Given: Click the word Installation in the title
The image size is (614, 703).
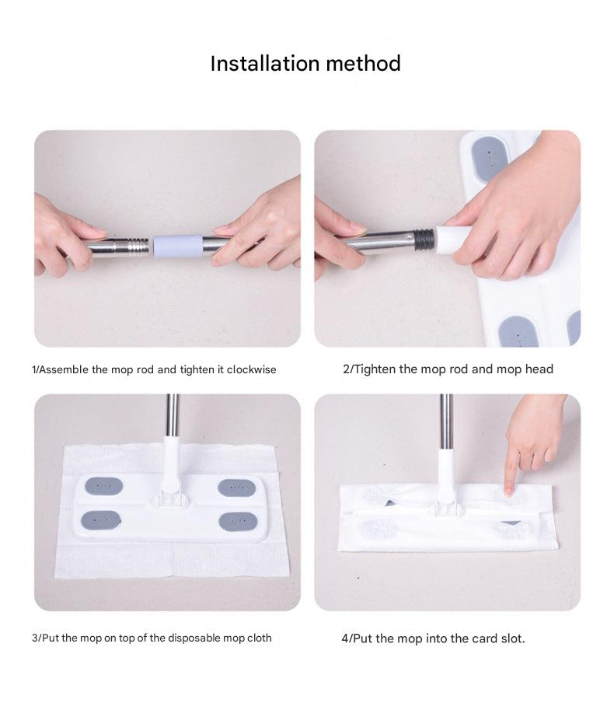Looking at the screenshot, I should click(x=263, y=63).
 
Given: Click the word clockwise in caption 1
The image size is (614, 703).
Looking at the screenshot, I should click(x=252, y=369).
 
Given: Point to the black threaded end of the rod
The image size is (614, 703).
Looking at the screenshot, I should click(x=424, y=239).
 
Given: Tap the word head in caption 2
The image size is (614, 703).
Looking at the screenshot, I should click(x=539, y=369).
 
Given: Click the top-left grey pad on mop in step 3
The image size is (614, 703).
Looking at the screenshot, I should click(x=103, y=486).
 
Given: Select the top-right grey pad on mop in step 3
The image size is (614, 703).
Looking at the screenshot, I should click(x=236, y=488).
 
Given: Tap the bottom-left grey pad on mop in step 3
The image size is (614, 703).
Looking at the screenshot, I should click(x=100, y=519).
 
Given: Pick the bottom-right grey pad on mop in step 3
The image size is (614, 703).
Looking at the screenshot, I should click(x=237, y=521).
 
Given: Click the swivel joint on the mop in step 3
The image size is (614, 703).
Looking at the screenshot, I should click(x=170, y=490).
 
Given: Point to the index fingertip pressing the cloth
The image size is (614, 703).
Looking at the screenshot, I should click(x=509, y=489).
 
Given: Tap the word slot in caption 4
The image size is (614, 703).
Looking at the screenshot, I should click(x=511, y=638).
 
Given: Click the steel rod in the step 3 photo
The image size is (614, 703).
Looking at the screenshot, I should click(x=172, y=416).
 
